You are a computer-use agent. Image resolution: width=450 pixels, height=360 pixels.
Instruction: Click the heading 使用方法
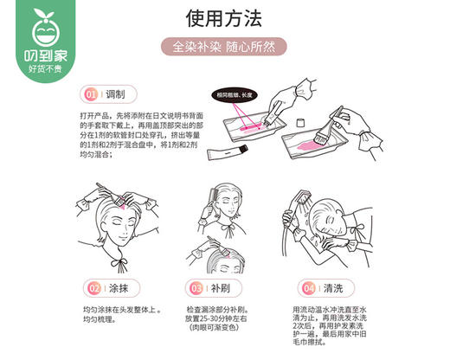point(224,18)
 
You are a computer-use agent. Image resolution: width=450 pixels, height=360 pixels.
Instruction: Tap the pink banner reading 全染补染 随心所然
point(224,48)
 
